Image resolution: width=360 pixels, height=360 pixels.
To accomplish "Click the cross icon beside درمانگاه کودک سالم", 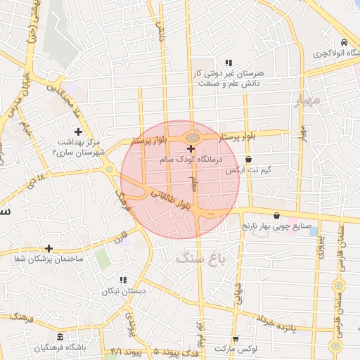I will point(191,148).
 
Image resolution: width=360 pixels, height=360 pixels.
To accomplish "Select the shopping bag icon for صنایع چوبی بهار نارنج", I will point(276,215).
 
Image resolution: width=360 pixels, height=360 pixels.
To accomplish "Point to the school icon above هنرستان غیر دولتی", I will point(227,62).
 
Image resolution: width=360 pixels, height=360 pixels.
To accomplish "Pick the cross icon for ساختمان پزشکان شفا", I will point(49,248).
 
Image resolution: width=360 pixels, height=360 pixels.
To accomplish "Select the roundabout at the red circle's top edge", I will point(191,136).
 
